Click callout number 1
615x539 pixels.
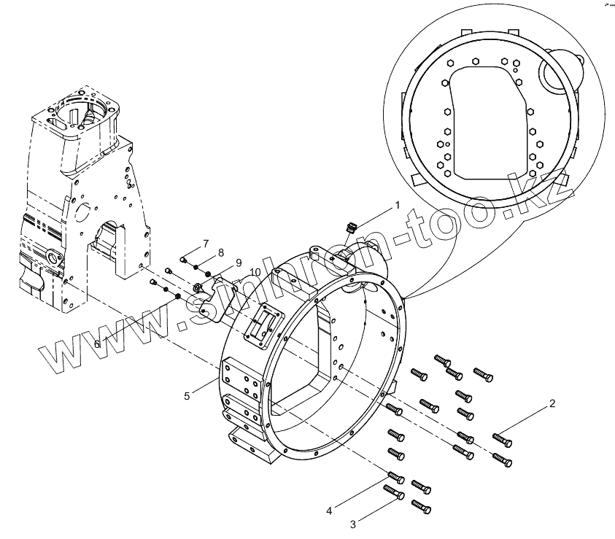tap(398, 206)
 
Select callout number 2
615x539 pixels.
tap(552, 403)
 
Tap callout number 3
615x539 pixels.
tap(353, 524)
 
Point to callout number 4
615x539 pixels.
tap(330, 511)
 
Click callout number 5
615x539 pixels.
tap(187, 395)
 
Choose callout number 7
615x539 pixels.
tap(206, 243)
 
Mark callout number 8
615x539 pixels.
tap(220, 252)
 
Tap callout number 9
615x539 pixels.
tap(238, 262)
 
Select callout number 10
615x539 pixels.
tap(255, 272)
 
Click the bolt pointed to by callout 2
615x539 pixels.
tap(501, 438)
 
